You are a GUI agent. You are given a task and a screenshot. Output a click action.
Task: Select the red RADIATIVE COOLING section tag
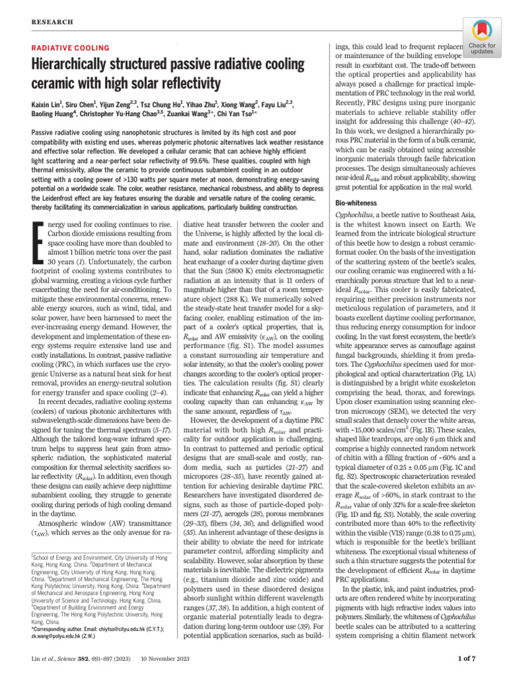[x=69, y=49]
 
